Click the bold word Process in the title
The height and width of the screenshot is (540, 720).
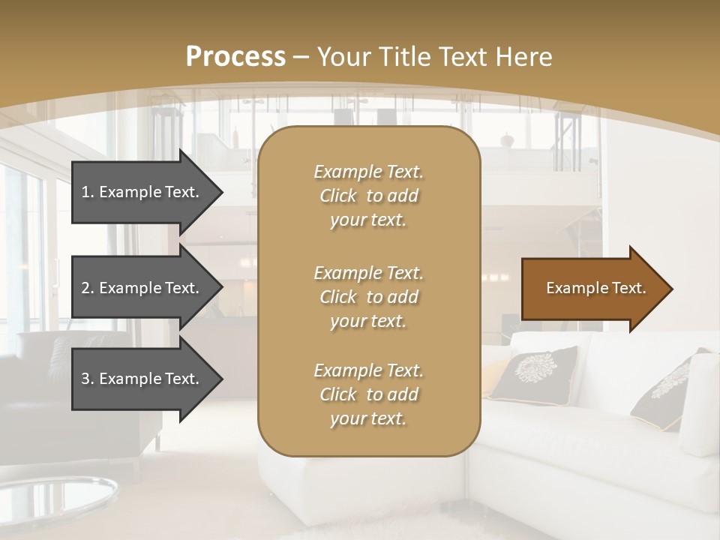(x=235, y=57)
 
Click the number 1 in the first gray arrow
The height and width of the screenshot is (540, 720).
(x=85, y=192)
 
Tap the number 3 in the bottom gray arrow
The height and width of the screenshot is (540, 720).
(x=85, y=379)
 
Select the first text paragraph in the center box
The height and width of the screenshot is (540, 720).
(x=368, y=196)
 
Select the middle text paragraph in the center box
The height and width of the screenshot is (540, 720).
(x=368, y=297)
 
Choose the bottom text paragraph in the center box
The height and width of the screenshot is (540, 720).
(x=368, y=394)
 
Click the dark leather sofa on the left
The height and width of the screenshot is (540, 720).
(x=45, y=390)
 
